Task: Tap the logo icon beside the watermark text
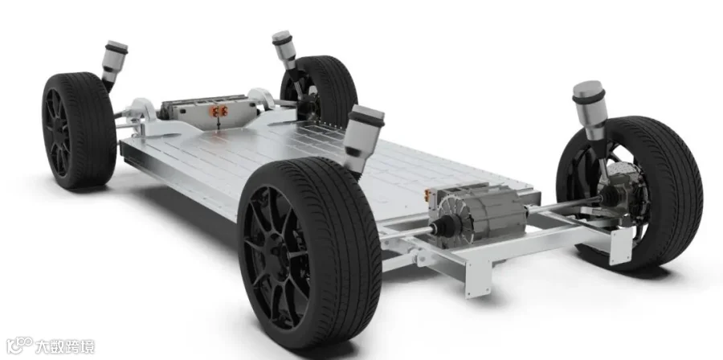[x=19, y=346]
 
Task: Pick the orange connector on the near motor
[x=428, y=195]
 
